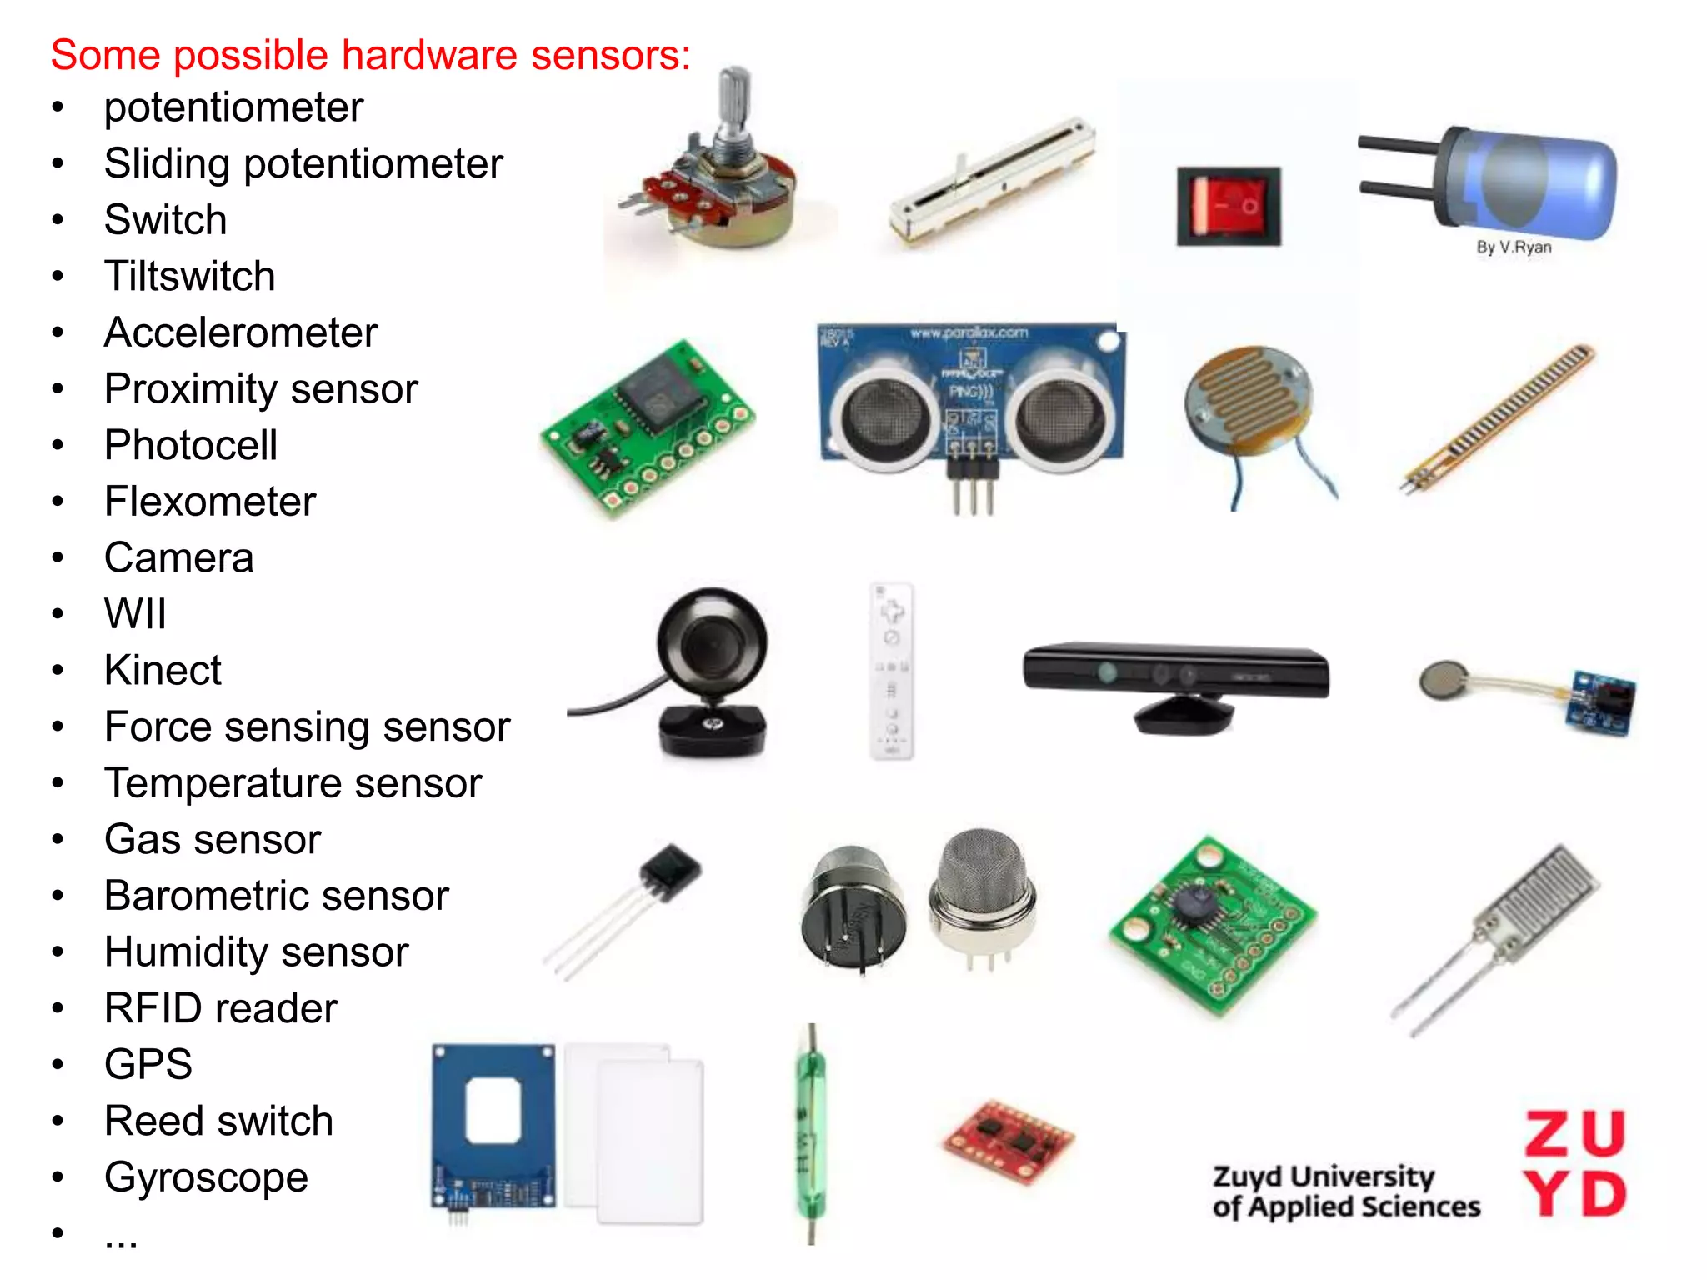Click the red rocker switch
click(x=1228, y=206)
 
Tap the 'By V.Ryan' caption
click(x=1514, y=247)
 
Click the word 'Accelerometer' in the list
click(x=241, y=332)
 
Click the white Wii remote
click(x=891, y=671)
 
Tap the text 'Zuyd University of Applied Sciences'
click(x=1345, y=1192)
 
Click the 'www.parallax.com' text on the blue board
click(x=969, y=333)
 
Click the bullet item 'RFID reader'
click(x=220, y=1008)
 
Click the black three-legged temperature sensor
click(x=670, y=871)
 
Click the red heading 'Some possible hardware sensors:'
click(x=370, y=55)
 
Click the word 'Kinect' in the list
click(x=163, y=670)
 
